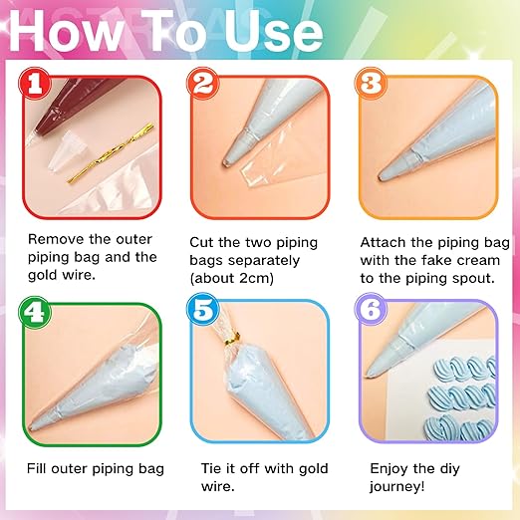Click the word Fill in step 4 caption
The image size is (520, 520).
(40, 468)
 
